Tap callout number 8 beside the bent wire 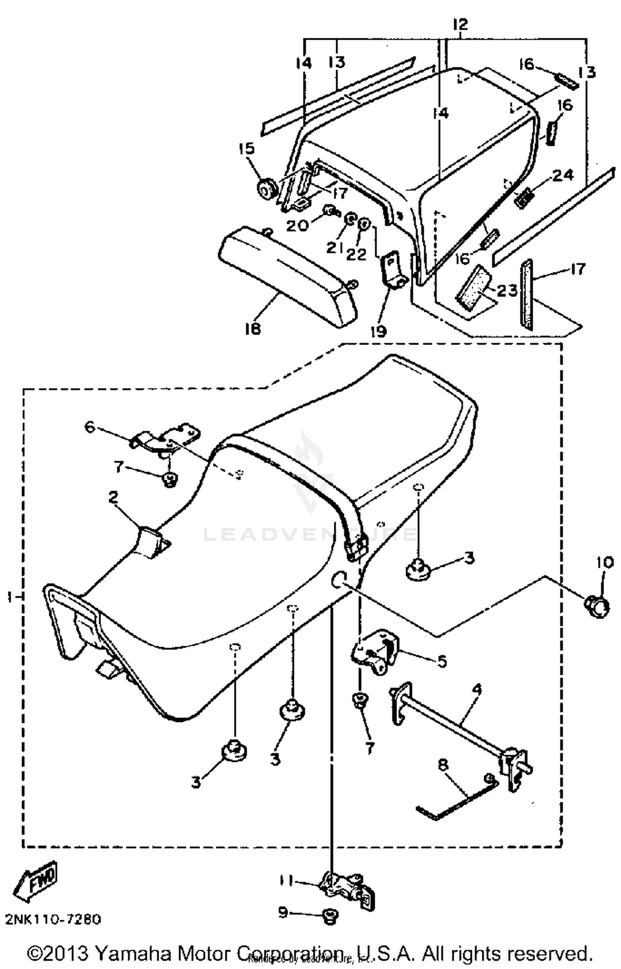point(443,765)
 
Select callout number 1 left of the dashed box point(9,597)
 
